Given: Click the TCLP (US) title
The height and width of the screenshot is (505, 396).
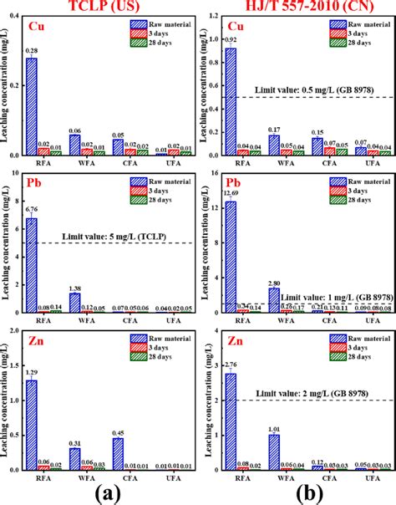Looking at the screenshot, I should pos(99,7).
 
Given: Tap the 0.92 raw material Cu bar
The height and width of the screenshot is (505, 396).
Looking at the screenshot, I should pos(230,101).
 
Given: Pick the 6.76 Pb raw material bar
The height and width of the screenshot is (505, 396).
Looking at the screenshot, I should pos(31,268).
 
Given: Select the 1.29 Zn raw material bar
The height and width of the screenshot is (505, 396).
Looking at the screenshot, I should pos(31,422).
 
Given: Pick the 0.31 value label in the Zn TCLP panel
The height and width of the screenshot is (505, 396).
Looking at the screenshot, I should pos(74,441).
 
